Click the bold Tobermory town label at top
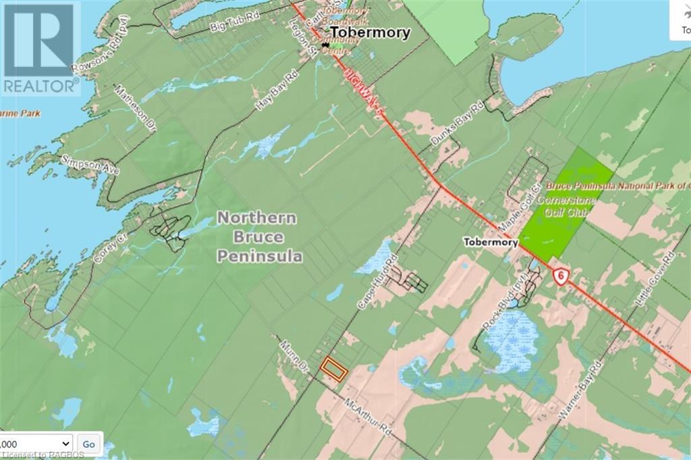pyautogui.click(x=369, y=33)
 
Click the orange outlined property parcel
pyautogui.click(x=333, y=369)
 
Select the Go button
pyautogui.click(x=88, y=444)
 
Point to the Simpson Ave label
pyautogui.click(x=89, y=164)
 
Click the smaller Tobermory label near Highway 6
pyautogui.click(x=491, y=242)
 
